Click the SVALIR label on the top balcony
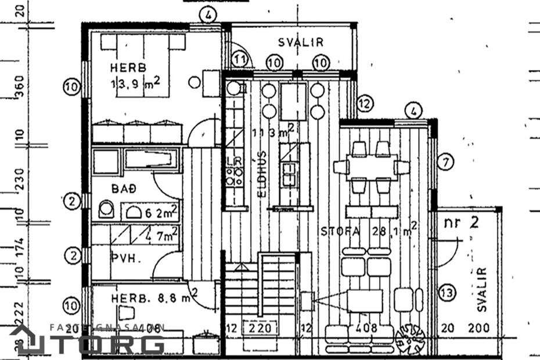[300, 42]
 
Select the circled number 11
[240, 59]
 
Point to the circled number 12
[364, 104]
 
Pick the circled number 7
[445, 163]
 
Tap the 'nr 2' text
[462, 222]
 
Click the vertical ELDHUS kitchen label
[262, 172]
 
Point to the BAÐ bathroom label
[123, 189]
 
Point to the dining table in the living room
[371, 168]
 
